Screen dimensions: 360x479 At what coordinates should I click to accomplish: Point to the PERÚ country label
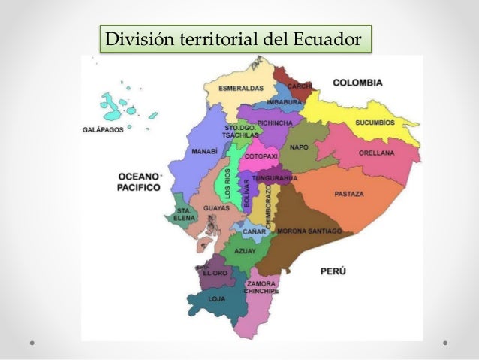336,270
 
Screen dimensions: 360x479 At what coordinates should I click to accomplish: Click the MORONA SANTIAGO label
309,231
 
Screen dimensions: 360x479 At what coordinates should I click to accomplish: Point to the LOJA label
217,298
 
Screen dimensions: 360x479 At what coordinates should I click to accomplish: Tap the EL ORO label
214,274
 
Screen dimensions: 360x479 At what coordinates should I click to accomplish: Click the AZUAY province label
245,250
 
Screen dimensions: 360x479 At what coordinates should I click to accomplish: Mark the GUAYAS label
215,208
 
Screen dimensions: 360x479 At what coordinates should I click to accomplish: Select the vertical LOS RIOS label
227,183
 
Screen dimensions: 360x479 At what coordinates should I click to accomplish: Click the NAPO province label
299,147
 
